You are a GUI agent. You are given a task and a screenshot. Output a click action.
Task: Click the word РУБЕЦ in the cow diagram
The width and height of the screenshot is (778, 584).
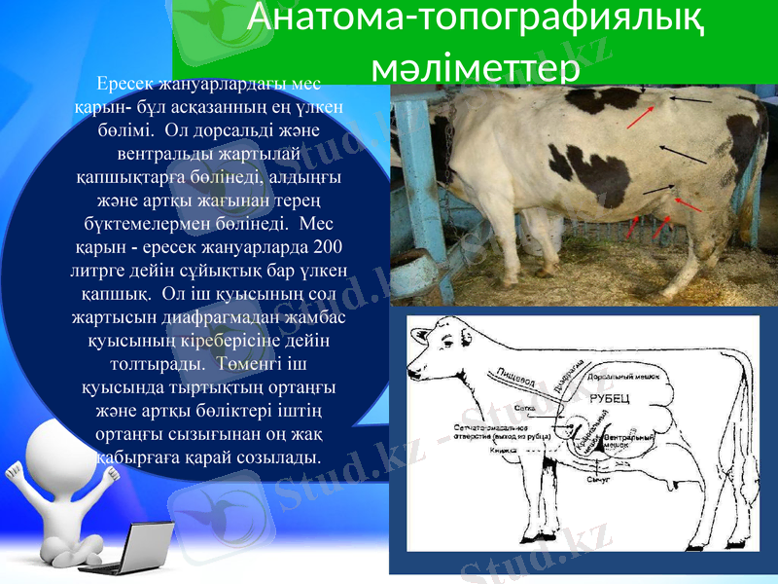click(610, 397)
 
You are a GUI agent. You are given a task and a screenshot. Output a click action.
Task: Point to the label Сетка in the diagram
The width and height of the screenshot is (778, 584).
click(525, 409)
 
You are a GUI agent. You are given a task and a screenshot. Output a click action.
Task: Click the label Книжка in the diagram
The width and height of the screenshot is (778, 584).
click(503, 450)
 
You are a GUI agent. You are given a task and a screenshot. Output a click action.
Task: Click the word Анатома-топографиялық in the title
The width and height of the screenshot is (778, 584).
click(476, 19)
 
